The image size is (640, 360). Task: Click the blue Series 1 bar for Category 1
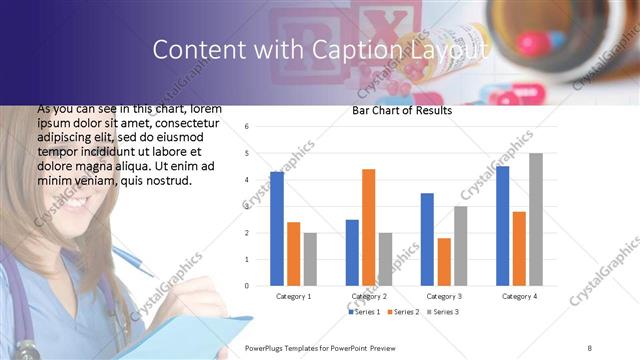(277, 229)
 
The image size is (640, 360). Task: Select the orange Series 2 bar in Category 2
(368, 227)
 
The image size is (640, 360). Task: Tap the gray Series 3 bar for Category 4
(536, 219)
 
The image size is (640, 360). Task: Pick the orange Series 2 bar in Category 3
(444, 262)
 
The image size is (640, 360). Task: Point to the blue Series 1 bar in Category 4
(502, 226)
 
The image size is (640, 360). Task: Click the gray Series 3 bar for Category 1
(310, 259)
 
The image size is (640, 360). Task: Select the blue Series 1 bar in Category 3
(427, 239)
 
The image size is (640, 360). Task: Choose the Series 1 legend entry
(363, 313)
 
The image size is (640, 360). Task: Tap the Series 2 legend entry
(402, 313)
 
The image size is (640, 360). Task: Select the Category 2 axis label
(369, 297)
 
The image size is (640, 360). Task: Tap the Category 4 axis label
(519, 297)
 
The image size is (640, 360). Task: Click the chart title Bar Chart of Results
(402, 110)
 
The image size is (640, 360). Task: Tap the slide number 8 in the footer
(589, 346)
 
